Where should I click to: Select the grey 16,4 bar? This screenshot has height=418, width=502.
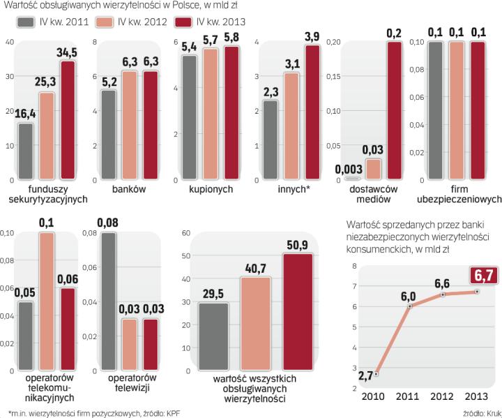pyautogui.click(x=26, y=151)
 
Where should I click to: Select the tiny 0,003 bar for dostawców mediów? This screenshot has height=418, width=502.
pyautogui.click(x=347, y=179)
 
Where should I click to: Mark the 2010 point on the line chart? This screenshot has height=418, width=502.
pyautogui.click(x=376, y=374)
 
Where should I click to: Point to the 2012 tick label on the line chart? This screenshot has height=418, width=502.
pyautogui.click(x=444, y=396)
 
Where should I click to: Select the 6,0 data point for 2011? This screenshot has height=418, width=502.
pyautogui.click(x=410, y=306)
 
